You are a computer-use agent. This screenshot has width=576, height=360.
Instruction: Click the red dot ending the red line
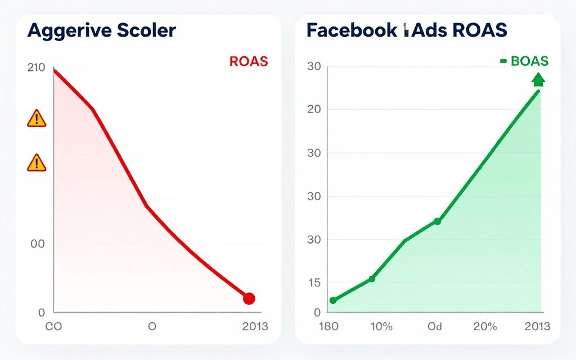pos(249,299)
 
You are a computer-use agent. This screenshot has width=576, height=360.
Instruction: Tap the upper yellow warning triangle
pos(37,119)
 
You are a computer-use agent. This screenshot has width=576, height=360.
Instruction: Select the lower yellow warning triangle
pos(37,163)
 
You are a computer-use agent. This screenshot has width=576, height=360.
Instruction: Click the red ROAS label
pos(249,62)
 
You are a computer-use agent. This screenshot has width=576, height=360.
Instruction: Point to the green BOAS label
pos(529,62)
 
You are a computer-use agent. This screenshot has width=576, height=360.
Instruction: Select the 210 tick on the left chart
pos(36,68)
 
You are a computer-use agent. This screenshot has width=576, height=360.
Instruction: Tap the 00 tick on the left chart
pos(38,244)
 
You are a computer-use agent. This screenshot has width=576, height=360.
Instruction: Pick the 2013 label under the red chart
pos(255,326)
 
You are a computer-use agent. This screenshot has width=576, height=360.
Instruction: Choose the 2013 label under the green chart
pos(538,326)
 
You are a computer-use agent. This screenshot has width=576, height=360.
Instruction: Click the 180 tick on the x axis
pos(328,326)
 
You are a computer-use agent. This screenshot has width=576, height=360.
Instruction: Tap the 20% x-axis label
pos(485,326)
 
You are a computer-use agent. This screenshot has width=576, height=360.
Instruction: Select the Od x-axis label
pos(435,326)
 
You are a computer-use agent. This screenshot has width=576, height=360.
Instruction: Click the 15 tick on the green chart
pos(314,282)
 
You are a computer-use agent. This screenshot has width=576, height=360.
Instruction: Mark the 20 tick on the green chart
pos(314,109)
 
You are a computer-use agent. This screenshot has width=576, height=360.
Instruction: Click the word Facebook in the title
pos(352,30)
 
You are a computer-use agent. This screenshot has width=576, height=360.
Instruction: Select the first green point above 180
pos(332,300)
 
